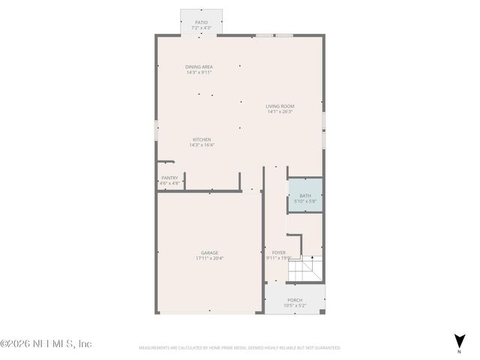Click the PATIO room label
201,22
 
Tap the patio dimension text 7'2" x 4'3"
201,28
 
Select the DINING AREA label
199,67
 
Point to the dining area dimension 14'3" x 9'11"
199,73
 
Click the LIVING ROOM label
280,106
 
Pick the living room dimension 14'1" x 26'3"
280,112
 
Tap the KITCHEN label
202,139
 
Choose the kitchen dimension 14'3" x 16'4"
202,145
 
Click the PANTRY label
169,178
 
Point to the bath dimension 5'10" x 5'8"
305,201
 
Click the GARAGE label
209,253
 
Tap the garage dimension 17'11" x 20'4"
209,259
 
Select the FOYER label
278,253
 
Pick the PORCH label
295,300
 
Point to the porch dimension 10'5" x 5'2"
295,306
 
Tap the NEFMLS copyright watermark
46,343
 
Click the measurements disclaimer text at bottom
240,348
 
